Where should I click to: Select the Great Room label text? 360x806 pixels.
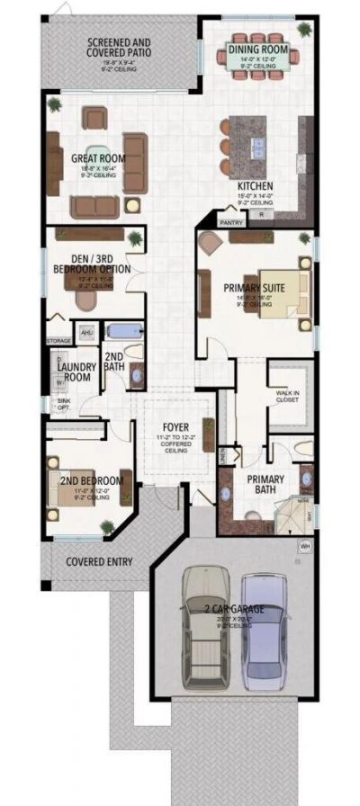[98, 159]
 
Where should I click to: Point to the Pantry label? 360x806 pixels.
[230, 219]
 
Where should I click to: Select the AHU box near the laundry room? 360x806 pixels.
[87, 333]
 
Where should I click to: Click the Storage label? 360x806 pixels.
[58, 342]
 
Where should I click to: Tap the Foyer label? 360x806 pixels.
[174, 426]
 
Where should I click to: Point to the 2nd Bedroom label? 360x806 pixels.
[85, 481]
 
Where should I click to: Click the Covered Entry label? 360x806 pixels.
[99, 562]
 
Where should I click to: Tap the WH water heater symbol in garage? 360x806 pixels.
[304, 545]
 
